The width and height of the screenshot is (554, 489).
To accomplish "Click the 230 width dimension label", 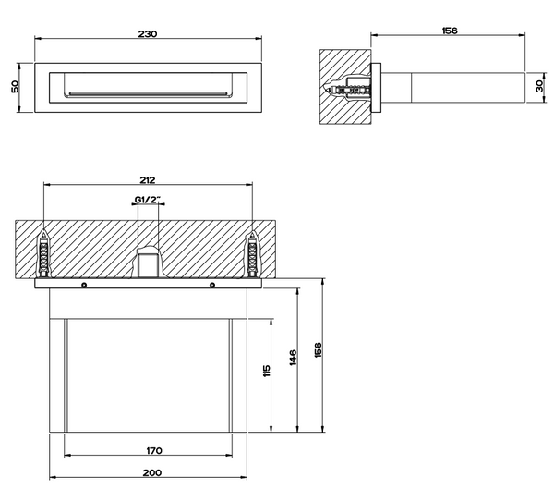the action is click(148, 34).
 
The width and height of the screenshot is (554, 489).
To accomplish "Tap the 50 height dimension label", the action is click(15, 87).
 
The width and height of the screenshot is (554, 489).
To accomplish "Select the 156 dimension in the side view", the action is click(450, 31).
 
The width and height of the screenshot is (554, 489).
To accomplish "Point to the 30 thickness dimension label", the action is click(539, 86).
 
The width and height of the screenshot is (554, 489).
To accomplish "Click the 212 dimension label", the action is click(147, 180).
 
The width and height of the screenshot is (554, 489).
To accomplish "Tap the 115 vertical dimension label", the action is click(267, 371).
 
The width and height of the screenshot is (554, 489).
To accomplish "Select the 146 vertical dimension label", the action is click(293, 358).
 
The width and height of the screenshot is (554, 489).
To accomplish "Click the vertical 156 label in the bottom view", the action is click(318, 349).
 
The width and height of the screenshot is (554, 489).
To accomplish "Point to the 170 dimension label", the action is click(154, 451).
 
